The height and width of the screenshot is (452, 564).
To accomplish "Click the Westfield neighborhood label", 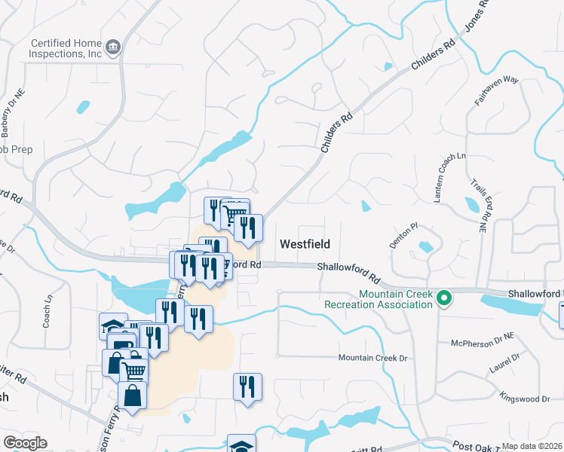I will click(304, 244).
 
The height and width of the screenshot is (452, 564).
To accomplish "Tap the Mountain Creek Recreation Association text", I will click(379, 299).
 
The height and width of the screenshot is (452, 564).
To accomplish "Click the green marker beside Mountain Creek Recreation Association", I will click(444, 299).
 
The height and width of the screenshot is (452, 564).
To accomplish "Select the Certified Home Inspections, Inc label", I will click(66, 49).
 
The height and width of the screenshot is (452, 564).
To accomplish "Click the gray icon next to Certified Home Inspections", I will click(113, 47).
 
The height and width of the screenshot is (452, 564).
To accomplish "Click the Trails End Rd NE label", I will click(478, 203).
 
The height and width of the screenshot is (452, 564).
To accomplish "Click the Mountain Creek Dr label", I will click(372, 358).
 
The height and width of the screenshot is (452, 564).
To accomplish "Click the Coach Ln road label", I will click(48, 309).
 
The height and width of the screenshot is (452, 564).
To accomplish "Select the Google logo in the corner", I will click(25, 443).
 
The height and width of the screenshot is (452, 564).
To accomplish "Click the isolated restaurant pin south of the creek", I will click(247, 386).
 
